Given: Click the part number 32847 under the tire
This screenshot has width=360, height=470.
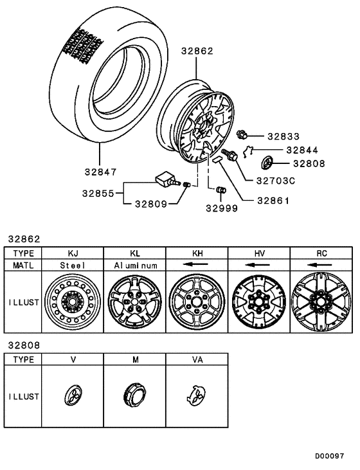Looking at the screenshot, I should click(x=99, y=172).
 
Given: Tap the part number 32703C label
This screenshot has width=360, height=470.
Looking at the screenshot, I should click(x=274, y=181).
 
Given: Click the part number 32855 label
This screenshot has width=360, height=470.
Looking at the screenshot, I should click(x=98, y=192).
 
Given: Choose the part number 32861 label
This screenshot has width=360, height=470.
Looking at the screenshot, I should click(x=273, y=200).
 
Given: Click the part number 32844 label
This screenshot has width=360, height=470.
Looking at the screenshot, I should click(x=300, y=150).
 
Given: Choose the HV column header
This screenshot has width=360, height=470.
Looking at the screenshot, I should click(x=260, y=253).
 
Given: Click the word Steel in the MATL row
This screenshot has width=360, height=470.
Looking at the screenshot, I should click(x=73, y=264).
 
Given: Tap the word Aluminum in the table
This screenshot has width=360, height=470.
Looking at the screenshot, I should click(x=135, y=264).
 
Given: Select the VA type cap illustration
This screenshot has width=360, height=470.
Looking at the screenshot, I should click(x=197, y=395).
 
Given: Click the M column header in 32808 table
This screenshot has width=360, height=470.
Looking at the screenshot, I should click(x=135, y=359).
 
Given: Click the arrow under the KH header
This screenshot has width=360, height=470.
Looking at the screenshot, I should click(x=197, y=264).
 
